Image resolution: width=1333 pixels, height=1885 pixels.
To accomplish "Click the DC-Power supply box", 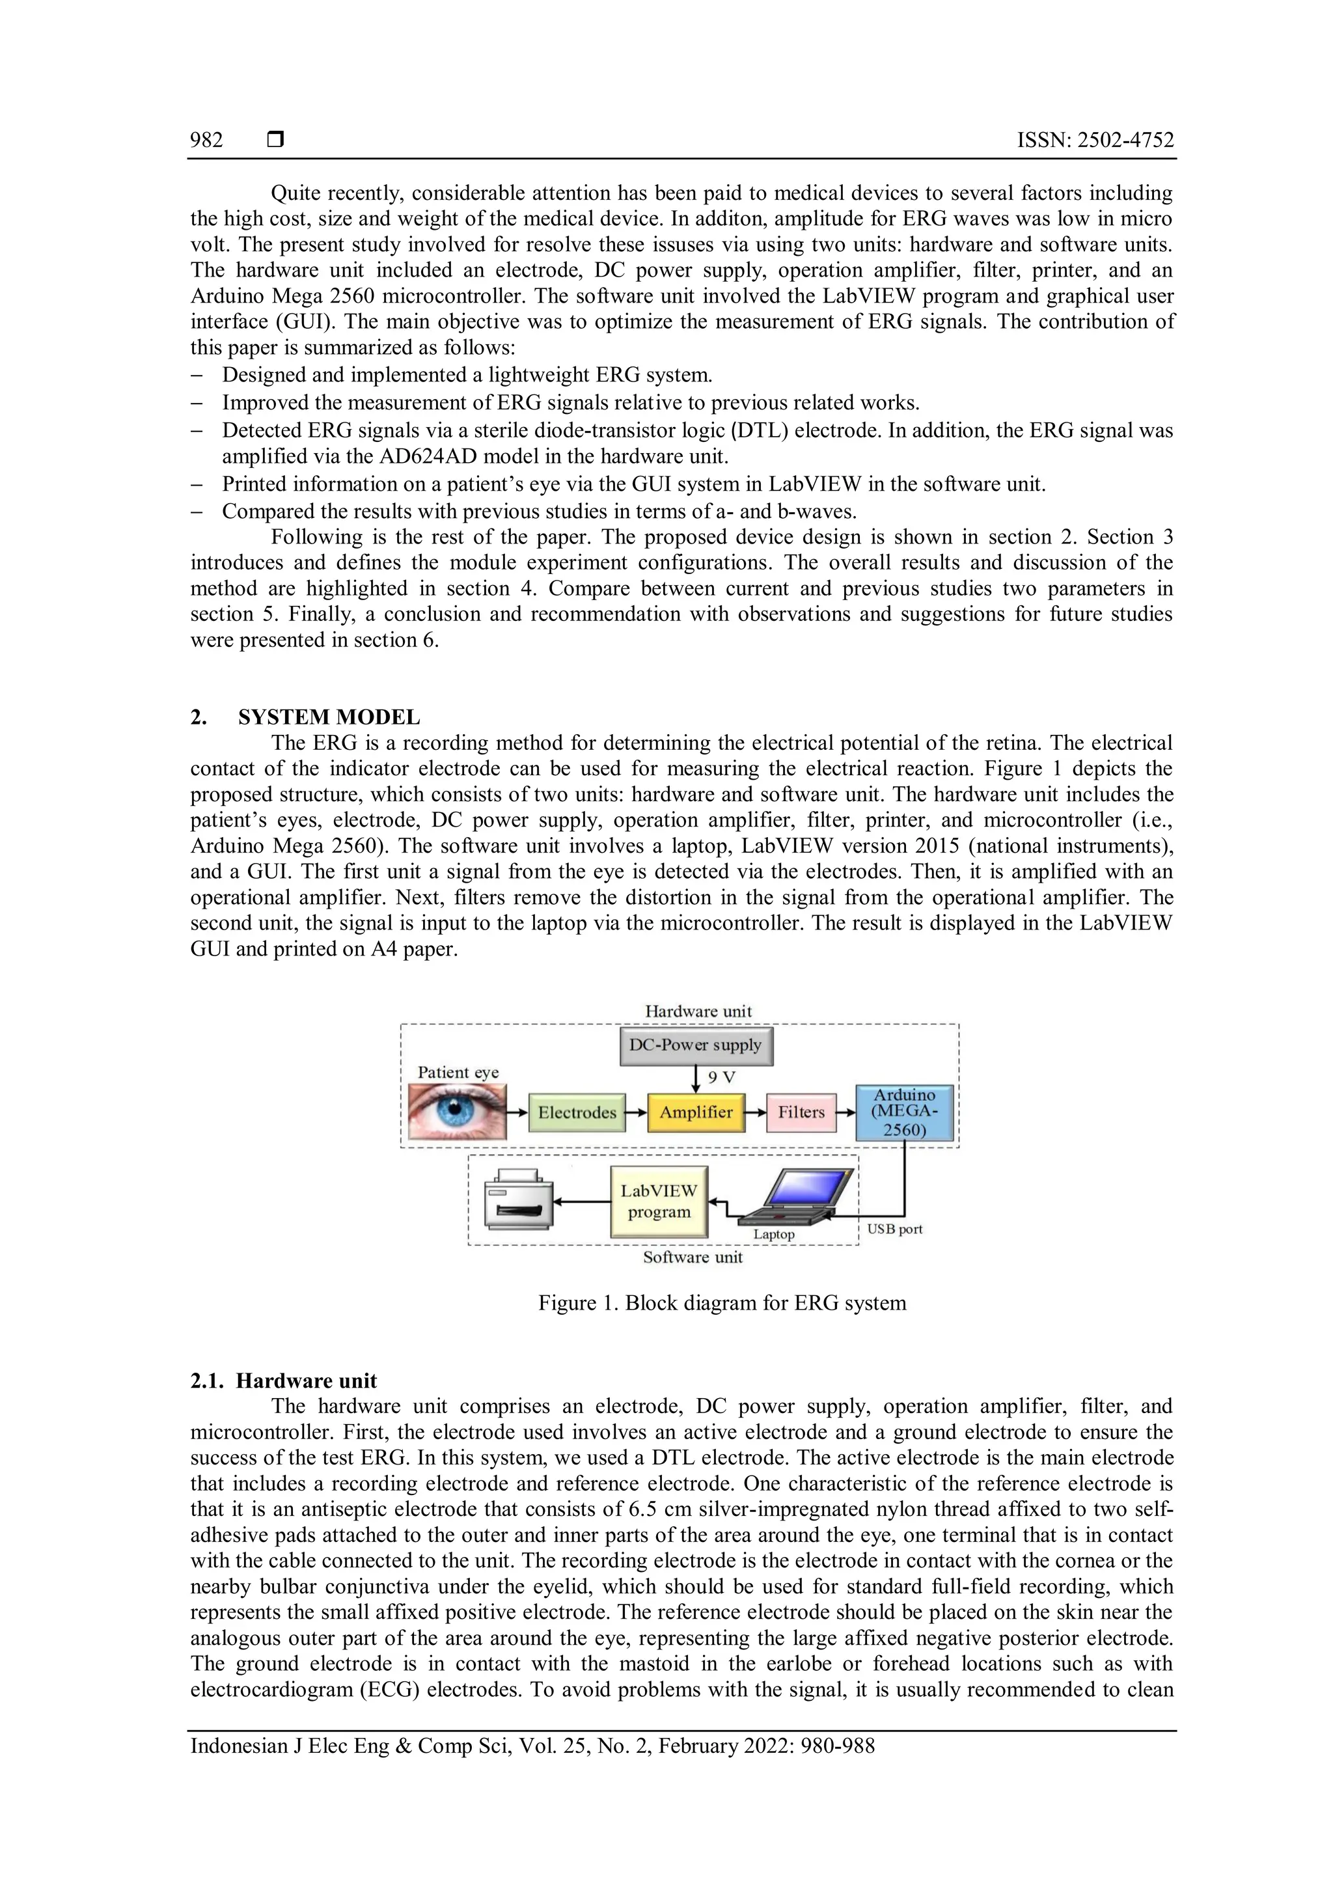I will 695,1045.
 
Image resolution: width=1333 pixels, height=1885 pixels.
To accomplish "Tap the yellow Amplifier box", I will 695,1112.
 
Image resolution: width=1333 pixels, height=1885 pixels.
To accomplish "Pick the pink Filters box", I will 801,1112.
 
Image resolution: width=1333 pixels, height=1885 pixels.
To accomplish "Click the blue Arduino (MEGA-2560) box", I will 905,1112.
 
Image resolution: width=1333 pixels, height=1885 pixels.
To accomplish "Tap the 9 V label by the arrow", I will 721,1077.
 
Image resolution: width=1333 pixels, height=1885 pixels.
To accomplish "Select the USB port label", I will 895,1229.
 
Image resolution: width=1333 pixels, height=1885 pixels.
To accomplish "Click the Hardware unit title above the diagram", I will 698,1011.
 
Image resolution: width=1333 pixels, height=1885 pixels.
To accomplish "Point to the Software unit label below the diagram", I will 692,1257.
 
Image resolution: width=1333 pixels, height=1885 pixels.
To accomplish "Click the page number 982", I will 207,141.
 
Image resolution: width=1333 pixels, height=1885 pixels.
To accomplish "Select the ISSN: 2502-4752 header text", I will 1095,141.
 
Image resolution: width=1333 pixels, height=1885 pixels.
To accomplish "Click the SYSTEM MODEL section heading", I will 328,717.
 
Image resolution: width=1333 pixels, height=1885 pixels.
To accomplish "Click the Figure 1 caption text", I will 721,1303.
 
